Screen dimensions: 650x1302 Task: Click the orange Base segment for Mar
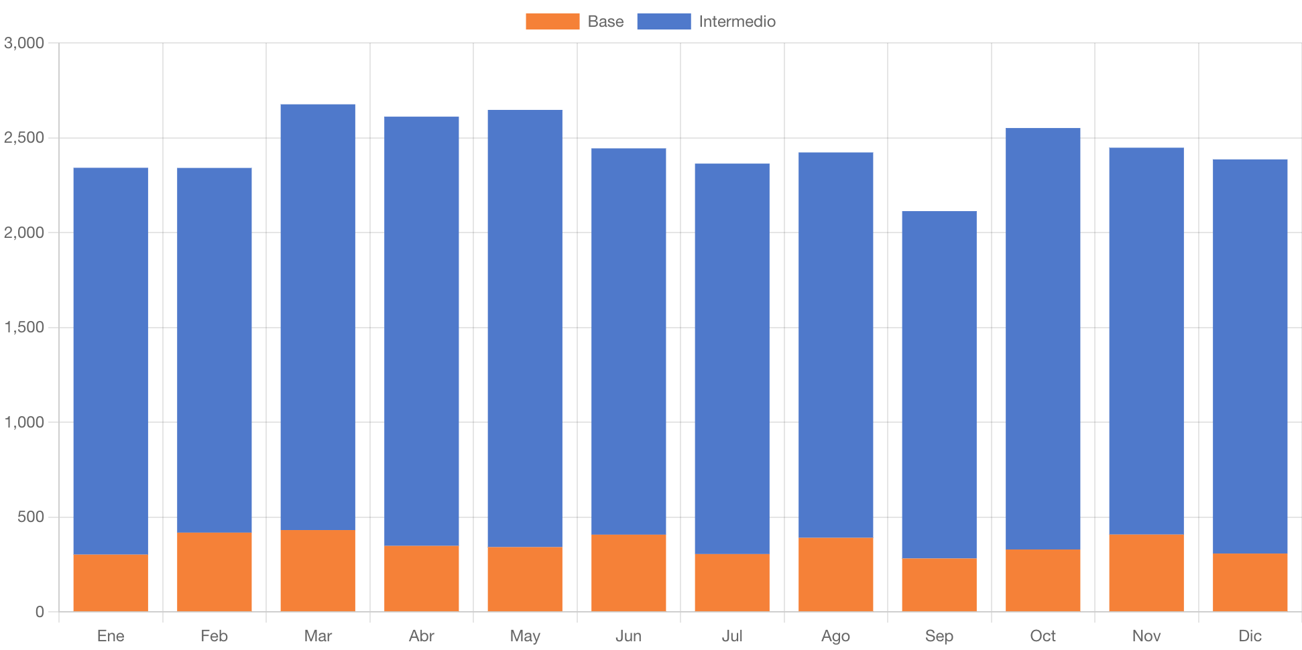tap(318, 570)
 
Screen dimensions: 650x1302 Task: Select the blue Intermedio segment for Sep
tap(939, 385)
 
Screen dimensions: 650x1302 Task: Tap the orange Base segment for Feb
tap(215, 572)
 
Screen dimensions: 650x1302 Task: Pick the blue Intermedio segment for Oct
tap(1043, 338)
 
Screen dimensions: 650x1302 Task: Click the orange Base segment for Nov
tap(1146, 572)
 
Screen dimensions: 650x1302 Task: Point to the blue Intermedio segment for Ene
tap(111, 361)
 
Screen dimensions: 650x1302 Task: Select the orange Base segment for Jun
tap(629, 572)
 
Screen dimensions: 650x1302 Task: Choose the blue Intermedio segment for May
tap(525, 328)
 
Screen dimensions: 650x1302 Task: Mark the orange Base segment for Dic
tap(1250, 582)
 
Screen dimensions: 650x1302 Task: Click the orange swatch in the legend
tap(552, 21)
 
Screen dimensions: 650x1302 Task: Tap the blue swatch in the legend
tap(664, 21)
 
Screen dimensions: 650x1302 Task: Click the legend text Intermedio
tap(737, 21)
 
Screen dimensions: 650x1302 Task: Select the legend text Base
tap(605, 21)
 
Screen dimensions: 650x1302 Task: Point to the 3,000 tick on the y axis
tap(24, 43)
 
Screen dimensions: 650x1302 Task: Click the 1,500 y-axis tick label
tap(24, 327)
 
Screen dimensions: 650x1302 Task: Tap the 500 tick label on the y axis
tap(31, 517)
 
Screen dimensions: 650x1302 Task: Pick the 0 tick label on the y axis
tap(40, 611)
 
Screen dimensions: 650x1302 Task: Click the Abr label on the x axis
tap(422, 635)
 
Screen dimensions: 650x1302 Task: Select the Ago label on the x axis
tap(835, 635)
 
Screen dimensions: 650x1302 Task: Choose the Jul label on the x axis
tap(732, 635)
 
